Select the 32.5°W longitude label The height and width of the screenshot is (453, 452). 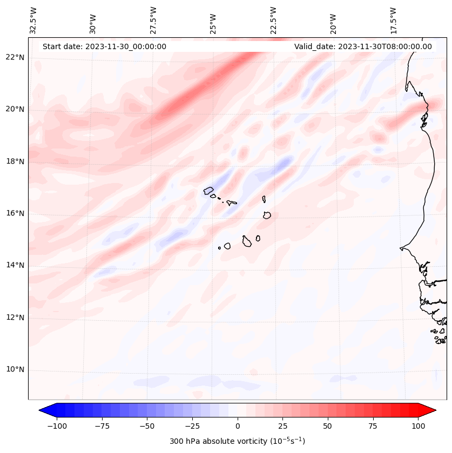click(x=33, y=20)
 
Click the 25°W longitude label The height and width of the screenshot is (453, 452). click(x=214, y=20)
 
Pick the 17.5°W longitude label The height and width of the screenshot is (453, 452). click(x=393, y=20)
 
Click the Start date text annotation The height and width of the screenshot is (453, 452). click(x=104, y=46)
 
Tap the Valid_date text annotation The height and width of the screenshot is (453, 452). click(x=363, y=46)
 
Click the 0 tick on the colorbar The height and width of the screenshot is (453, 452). click(x=238, y=426)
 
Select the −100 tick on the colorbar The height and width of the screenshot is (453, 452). click(x=57, y=426)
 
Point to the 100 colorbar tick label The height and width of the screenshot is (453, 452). click(x=419, y=426)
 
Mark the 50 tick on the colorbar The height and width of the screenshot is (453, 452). click(x=328, y=426)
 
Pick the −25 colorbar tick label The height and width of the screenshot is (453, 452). click(x=192, y=426)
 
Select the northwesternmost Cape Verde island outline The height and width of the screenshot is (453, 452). click(x=209, y=191)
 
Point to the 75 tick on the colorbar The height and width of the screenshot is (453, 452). click(x=373, y=426)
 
